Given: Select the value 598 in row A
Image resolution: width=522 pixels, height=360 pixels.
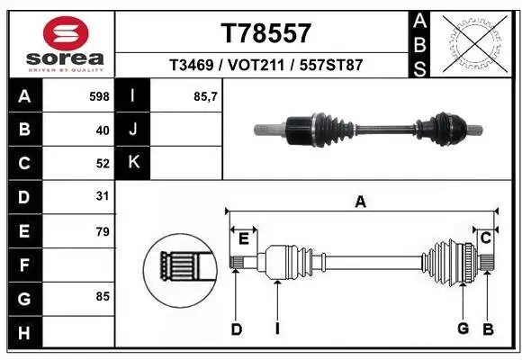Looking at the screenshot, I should pyautogui.click(x=98, y=95).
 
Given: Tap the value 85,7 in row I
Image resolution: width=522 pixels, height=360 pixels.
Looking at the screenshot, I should pyautogui.click(x=206, y=95).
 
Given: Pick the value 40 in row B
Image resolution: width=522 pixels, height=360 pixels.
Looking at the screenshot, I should pyautogui.click(x=102, y=130).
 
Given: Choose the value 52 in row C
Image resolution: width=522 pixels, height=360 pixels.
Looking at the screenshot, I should pyautogui.click(x=102, y=164).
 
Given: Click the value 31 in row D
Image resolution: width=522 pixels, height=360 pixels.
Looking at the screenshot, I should pyautogui.click(x=102, y=196).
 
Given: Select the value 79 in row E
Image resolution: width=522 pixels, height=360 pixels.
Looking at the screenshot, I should pyautogui.click(x=102, y=231).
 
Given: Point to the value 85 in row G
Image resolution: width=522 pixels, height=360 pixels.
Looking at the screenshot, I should pyautogui.click(x=102, y=296).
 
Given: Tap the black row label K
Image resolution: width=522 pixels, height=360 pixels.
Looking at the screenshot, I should pyautogui.click(x=134, y=163).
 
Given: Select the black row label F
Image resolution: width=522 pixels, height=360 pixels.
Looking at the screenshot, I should pyautogui.click(x=23, y=265).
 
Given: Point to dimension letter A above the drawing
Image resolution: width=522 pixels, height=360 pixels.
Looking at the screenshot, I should pyautogui.click(x=361, y=202).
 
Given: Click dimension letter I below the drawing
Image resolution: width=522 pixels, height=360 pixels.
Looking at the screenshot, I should pyautogui.click(x=277, y=329).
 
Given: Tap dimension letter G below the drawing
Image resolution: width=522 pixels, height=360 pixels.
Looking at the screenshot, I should pyautogui.click(x=463, y=328).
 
